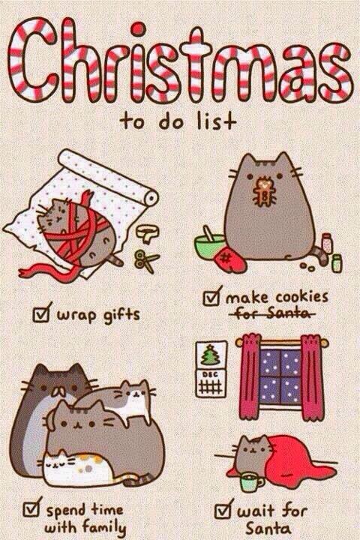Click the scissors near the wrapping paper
coord(145,261)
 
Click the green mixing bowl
coord(209,244)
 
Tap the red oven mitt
coord(232,259)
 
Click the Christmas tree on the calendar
coord(211,354)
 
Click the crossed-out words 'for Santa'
coord(271,314)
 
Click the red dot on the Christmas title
coord(139,28)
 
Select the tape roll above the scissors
coord(148,233)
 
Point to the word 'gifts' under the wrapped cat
coord(122,315)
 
